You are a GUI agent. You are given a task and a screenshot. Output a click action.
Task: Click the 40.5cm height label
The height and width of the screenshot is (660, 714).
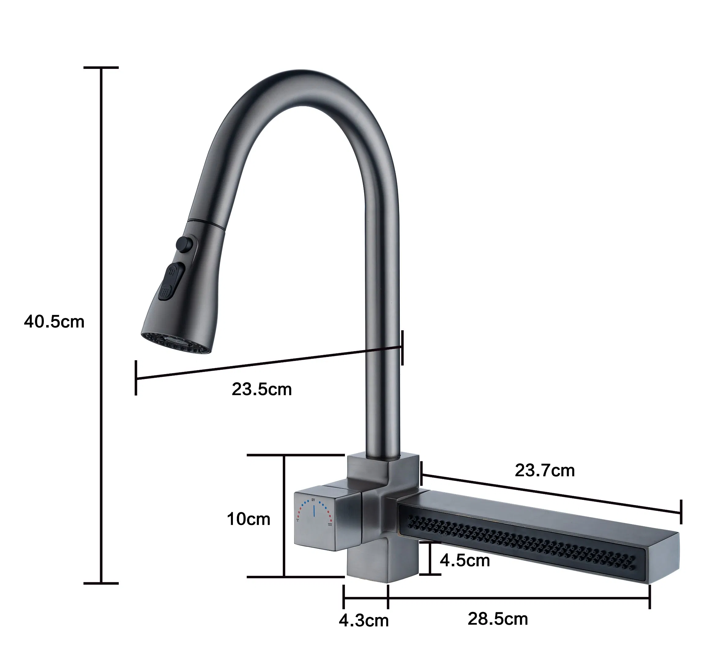coord(54,322)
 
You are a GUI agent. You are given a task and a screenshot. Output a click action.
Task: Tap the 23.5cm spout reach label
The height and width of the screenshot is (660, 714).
coord(262,389)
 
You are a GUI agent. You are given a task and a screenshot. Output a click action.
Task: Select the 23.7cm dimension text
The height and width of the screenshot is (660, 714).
coord(544,471)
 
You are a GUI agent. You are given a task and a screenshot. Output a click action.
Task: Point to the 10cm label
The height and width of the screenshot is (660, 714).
coord(249,519)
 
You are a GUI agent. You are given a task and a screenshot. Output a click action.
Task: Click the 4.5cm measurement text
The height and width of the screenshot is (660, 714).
coord(465,561)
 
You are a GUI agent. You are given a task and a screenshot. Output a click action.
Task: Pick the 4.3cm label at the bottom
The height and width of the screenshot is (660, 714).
coord(363,620)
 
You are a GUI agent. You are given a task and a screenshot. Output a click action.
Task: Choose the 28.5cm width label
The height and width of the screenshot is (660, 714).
coord(498,619)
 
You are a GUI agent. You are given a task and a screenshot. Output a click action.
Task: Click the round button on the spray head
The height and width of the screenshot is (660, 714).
coord(184,244)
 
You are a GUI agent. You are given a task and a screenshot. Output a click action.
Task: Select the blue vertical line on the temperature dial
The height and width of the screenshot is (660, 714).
coord(313,511)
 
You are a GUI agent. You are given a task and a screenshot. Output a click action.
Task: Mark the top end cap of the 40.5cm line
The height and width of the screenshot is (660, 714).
coord(101,67)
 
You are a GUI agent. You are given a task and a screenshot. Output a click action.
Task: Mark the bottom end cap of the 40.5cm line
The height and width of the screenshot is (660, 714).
coord(101,583)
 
